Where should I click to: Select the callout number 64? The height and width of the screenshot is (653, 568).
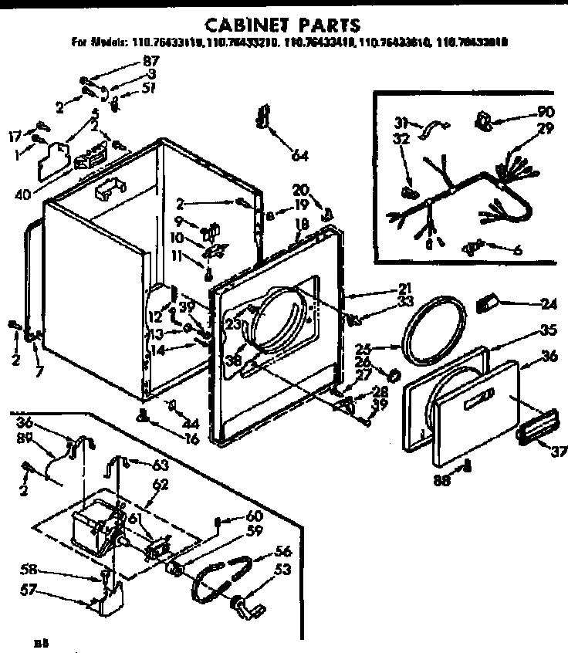pos(299,156)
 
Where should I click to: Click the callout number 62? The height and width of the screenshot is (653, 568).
pos(160,486)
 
